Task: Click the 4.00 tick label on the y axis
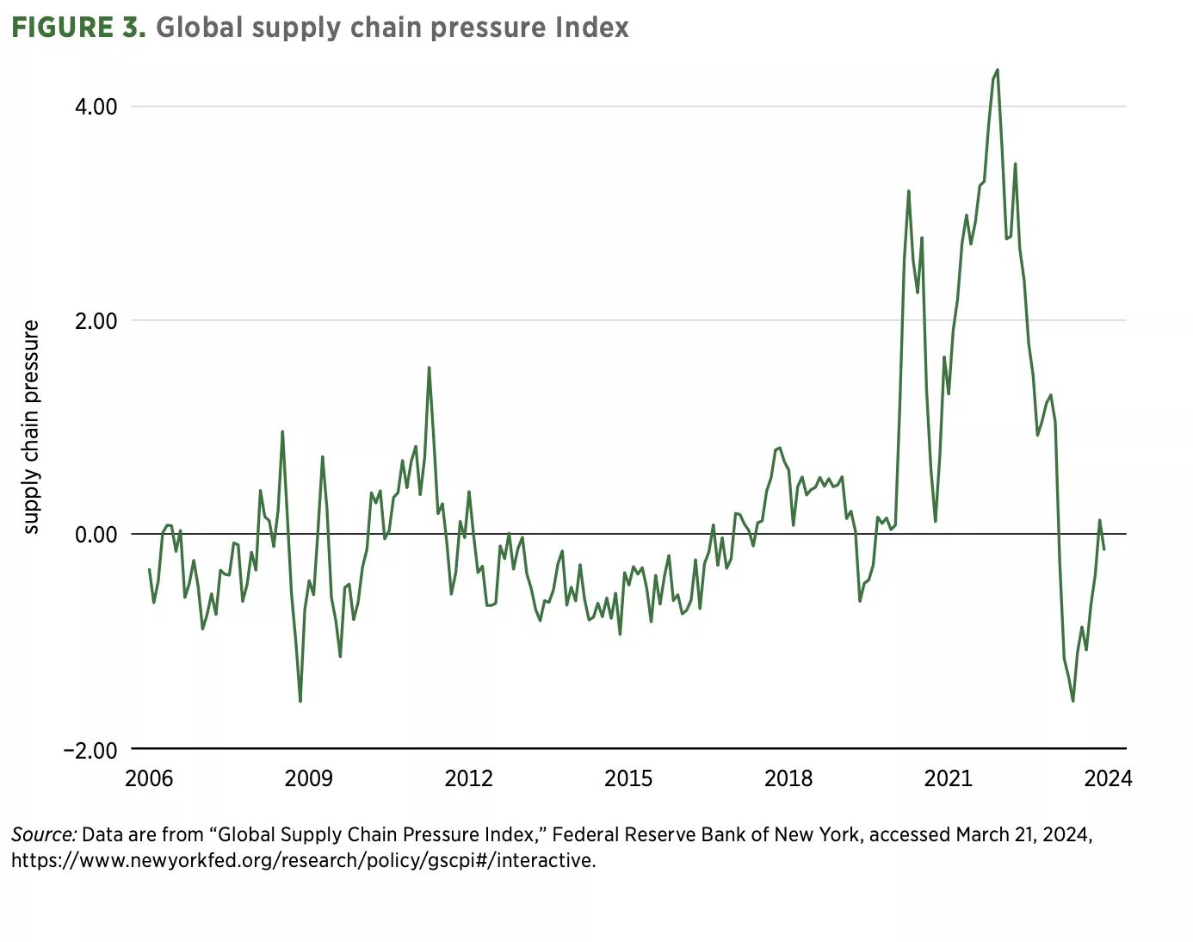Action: point(96,107)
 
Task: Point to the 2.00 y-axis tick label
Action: point(96,321)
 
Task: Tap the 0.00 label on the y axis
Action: point(96,535)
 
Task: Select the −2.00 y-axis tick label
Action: point(90,749)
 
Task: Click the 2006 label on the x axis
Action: point(149,779)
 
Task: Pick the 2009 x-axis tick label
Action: point(308,779)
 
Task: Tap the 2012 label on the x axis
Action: point(468,779)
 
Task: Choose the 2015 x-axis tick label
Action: point(628,779)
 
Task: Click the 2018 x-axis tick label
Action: point(788,779)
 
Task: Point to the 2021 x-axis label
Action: point(948,779)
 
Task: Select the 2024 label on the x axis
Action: point(1108,779)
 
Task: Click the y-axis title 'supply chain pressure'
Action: point(31,427)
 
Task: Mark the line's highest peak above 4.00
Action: point(997,70)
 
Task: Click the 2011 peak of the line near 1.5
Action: point(429,368)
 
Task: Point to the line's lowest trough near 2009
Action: point(300,701)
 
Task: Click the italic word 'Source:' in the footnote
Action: point(44,834)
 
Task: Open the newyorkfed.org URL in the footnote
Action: point(303,860)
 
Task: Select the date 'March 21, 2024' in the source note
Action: point(1023,834)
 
